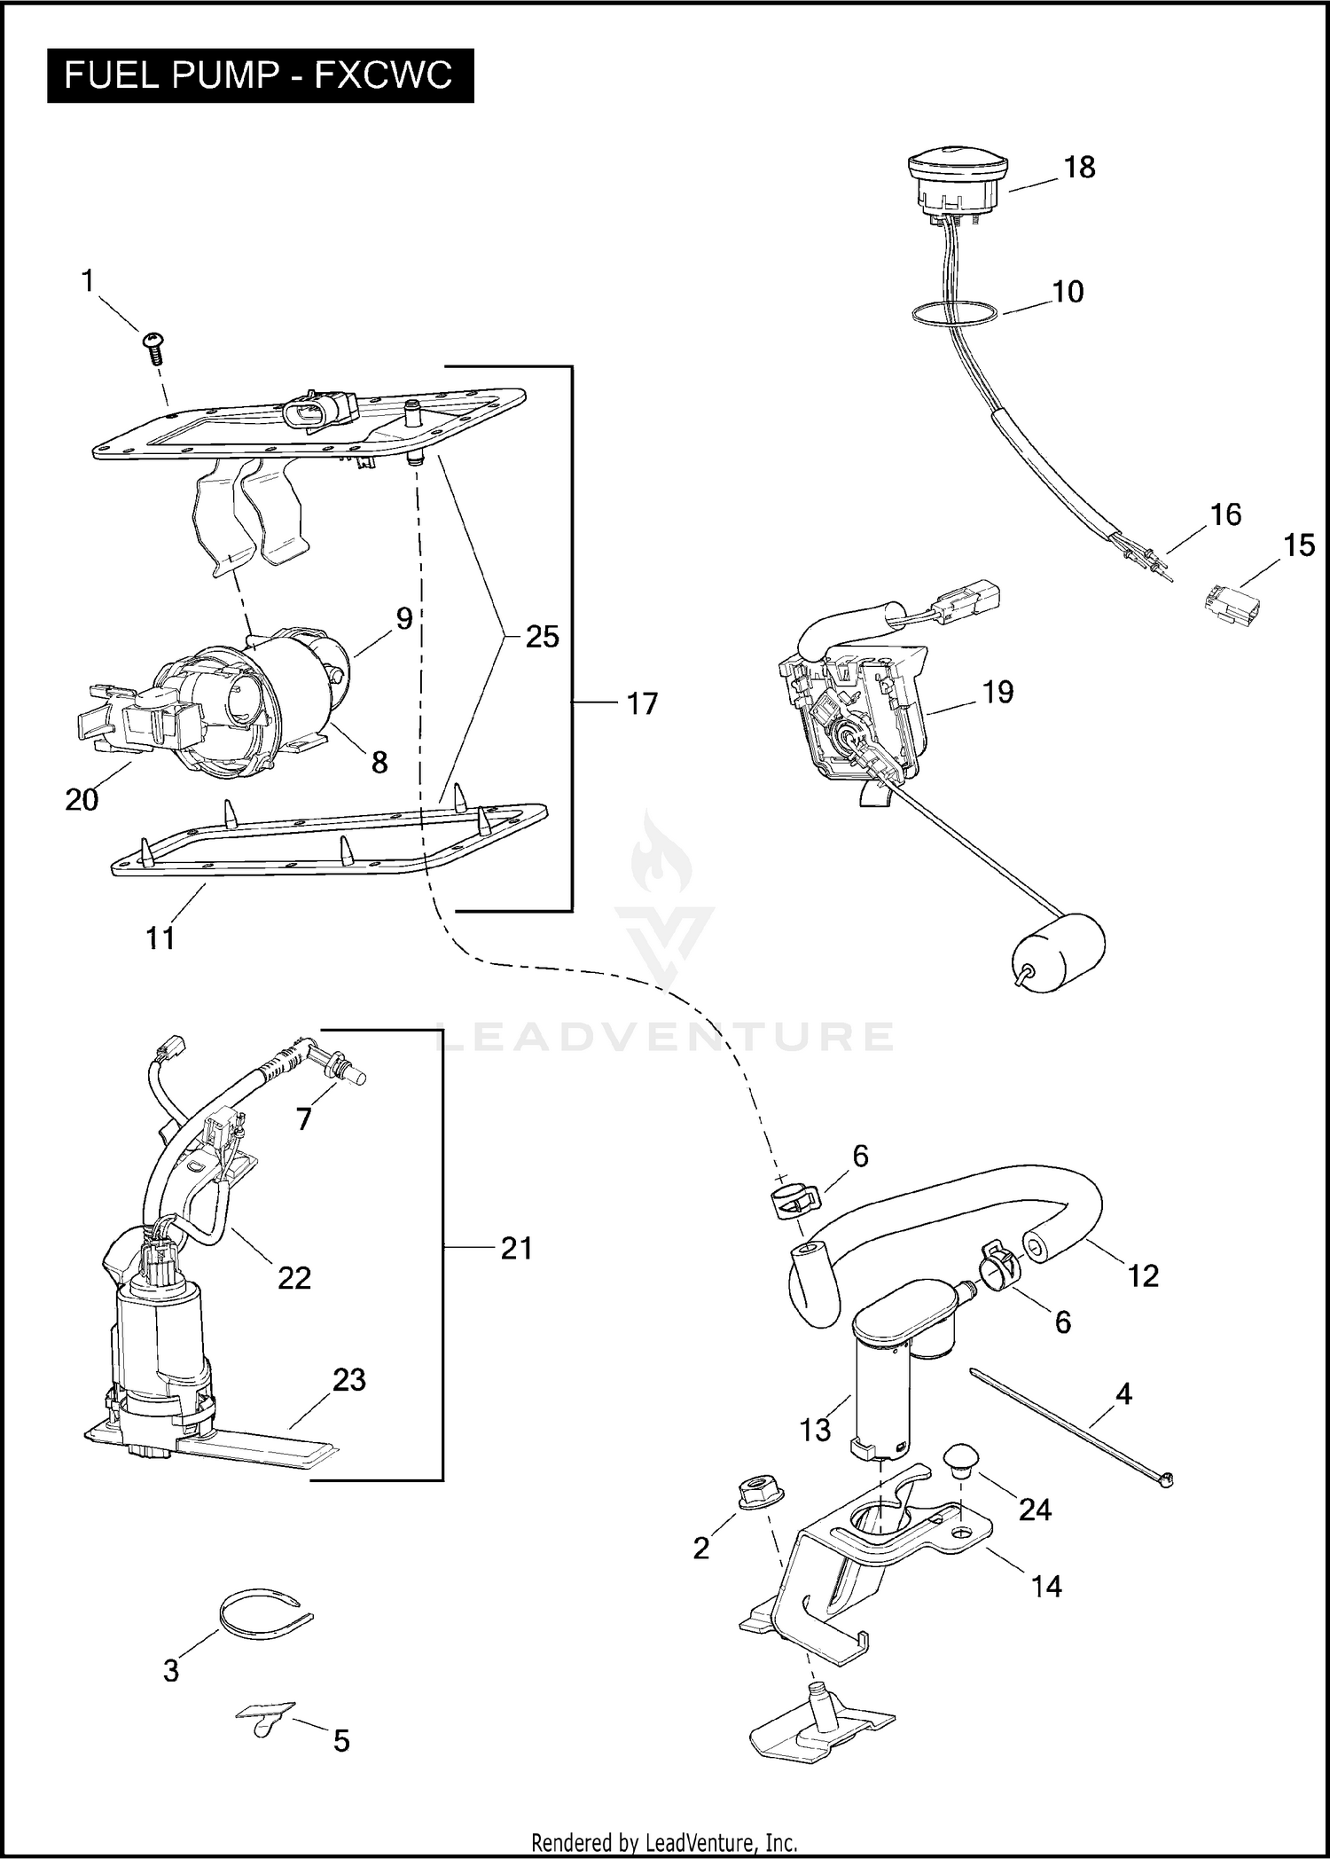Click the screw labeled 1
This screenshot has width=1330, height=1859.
(x=153, y=347)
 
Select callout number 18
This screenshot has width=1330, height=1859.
(x=1079, y=168)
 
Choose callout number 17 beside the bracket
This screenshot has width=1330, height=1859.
(x=642, y=704)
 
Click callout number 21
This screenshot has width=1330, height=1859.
(x=516, y=1248)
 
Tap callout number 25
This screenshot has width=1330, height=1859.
(x=542, y=637)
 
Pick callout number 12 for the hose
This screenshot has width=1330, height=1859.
(x=1143, y=1275)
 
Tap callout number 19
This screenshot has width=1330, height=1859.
(x=998, y=692)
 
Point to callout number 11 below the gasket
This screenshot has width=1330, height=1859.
(x=160, y=937)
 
